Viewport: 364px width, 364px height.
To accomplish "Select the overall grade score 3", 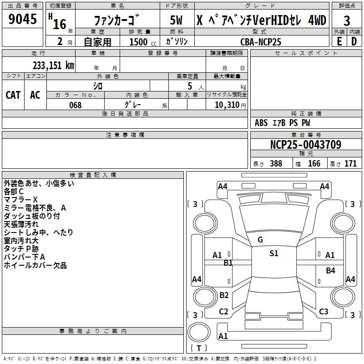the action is point(347,20).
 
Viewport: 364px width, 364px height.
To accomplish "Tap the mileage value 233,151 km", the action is point(53,65).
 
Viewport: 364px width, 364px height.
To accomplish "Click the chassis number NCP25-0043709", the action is point(305,145).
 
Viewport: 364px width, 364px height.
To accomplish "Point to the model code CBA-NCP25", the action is point(261,42).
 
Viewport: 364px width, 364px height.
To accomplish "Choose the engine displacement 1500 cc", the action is point(139,42).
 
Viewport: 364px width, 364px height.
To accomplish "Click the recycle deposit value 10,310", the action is point(226,105).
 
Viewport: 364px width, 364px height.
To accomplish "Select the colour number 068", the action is point(75,105).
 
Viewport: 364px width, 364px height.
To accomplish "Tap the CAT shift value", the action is point(13,95).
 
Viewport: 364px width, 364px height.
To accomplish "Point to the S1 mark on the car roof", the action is point(273,253).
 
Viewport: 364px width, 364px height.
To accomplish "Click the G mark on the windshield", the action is point(260,240).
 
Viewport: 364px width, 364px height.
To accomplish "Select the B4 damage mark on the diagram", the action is point(330,271).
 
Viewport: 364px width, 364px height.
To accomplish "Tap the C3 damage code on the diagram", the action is point(324,312).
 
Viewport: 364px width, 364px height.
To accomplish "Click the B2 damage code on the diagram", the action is point(224,295).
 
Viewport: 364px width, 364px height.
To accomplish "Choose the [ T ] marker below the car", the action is point(198,349).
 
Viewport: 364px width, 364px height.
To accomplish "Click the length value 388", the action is point(276,164).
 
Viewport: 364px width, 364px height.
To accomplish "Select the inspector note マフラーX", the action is point(21,200).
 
